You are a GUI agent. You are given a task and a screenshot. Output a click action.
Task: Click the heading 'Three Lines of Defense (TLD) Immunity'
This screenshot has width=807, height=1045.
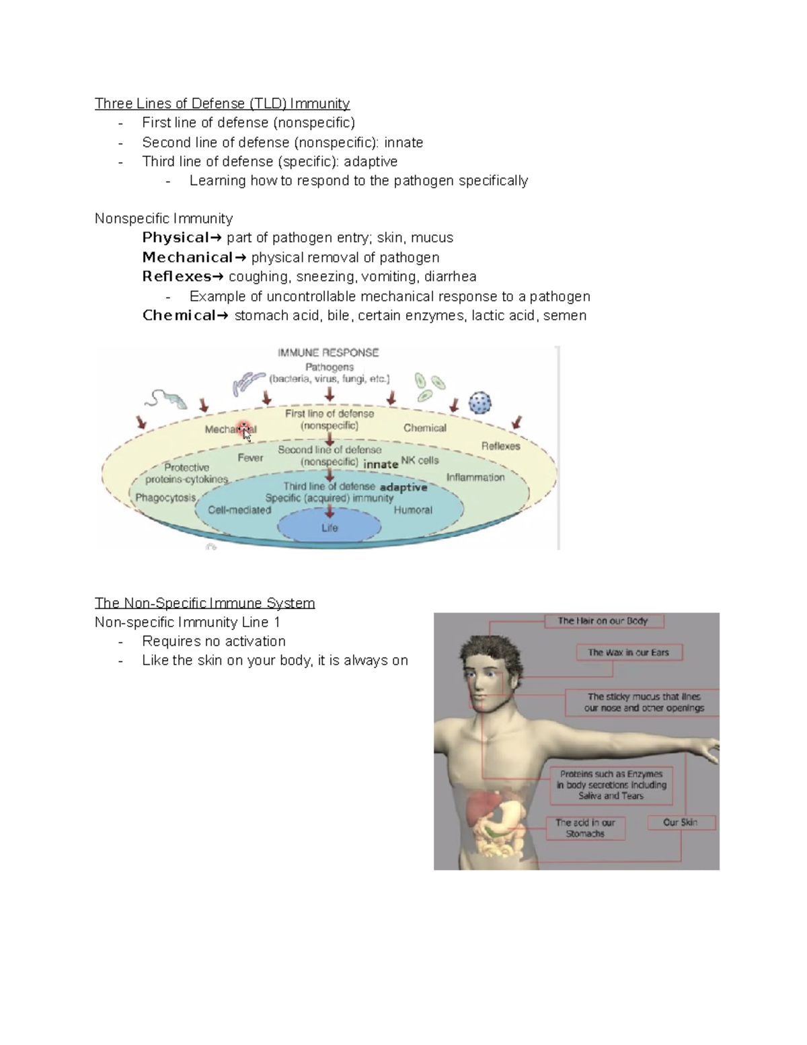coord(222,104)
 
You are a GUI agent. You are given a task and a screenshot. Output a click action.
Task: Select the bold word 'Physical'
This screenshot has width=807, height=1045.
coord(175,238)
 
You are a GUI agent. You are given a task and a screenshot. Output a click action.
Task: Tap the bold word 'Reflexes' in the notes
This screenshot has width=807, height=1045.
coord(176,277)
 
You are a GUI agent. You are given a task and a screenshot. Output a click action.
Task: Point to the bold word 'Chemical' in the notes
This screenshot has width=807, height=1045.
coord(178,316)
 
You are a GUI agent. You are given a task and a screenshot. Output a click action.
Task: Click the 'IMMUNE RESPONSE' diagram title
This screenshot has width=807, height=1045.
coord(328,353)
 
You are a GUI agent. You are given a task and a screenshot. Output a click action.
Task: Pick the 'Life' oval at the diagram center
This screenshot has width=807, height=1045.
coord(330,528)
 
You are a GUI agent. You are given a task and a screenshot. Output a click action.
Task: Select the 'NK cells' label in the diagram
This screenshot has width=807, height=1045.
coord(420,461)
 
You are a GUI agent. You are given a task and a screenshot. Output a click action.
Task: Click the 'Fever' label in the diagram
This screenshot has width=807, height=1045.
coord(250,458)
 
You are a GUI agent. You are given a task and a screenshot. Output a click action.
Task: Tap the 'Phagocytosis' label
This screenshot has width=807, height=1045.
coord(165,498)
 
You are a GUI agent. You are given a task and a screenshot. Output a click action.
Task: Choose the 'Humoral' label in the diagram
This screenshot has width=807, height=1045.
coord(413,510)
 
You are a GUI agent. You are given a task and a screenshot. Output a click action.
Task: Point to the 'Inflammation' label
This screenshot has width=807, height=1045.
coord(475,478)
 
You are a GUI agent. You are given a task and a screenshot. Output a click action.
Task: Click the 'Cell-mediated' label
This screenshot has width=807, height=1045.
coord(239,510)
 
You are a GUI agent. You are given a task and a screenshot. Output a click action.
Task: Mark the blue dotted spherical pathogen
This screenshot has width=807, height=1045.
coord(479,403)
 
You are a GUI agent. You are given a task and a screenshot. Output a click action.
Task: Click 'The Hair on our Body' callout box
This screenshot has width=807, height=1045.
coord(603,621)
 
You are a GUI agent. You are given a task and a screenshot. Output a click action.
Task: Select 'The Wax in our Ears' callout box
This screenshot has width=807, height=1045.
coord(628,652)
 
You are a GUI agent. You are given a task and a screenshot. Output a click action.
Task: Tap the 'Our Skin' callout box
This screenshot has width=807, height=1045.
coord(680,822)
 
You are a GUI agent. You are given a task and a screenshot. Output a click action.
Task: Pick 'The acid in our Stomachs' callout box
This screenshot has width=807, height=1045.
coord(585,828)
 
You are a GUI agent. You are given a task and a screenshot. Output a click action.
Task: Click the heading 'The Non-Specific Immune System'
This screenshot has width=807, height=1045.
coord(204,603)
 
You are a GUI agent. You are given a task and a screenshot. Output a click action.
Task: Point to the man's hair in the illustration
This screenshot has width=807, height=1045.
coord(489,649)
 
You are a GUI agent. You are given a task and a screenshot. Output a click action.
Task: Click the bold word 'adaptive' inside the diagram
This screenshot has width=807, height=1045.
coord(403,487)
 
